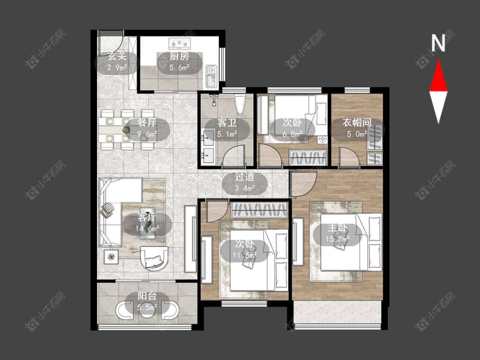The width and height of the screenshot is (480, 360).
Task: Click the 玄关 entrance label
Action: point(117,56)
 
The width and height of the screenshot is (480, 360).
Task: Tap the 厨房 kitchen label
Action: point(179,56)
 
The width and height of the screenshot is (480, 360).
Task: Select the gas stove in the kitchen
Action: point(180,44)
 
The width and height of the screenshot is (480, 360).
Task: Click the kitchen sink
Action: point(211,76)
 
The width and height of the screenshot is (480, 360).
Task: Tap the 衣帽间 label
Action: point(357,122)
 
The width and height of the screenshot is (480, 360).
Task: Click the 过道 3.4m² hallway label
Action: point(244,182)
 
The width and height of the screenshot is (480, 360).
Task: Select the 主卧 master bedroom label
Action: point(337,228)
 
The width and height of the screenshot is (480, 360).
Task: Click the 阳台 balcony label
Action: point(147,296)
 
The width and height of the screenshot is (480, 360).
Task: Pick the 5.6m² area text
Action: point(179,67)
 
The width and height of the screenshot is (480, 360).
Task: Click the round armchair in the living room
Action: point(154,258)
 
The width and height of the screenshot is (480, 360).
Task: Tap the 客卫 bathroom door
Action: point(234,156)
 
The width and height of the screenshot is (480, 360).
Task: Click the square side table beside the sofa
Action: point(112,257)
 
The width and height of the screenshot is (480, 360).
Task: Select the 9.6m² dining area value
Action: point(147,134)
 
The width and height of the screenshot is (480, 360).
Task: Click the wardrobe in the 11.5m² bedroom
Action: point(259,210)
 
